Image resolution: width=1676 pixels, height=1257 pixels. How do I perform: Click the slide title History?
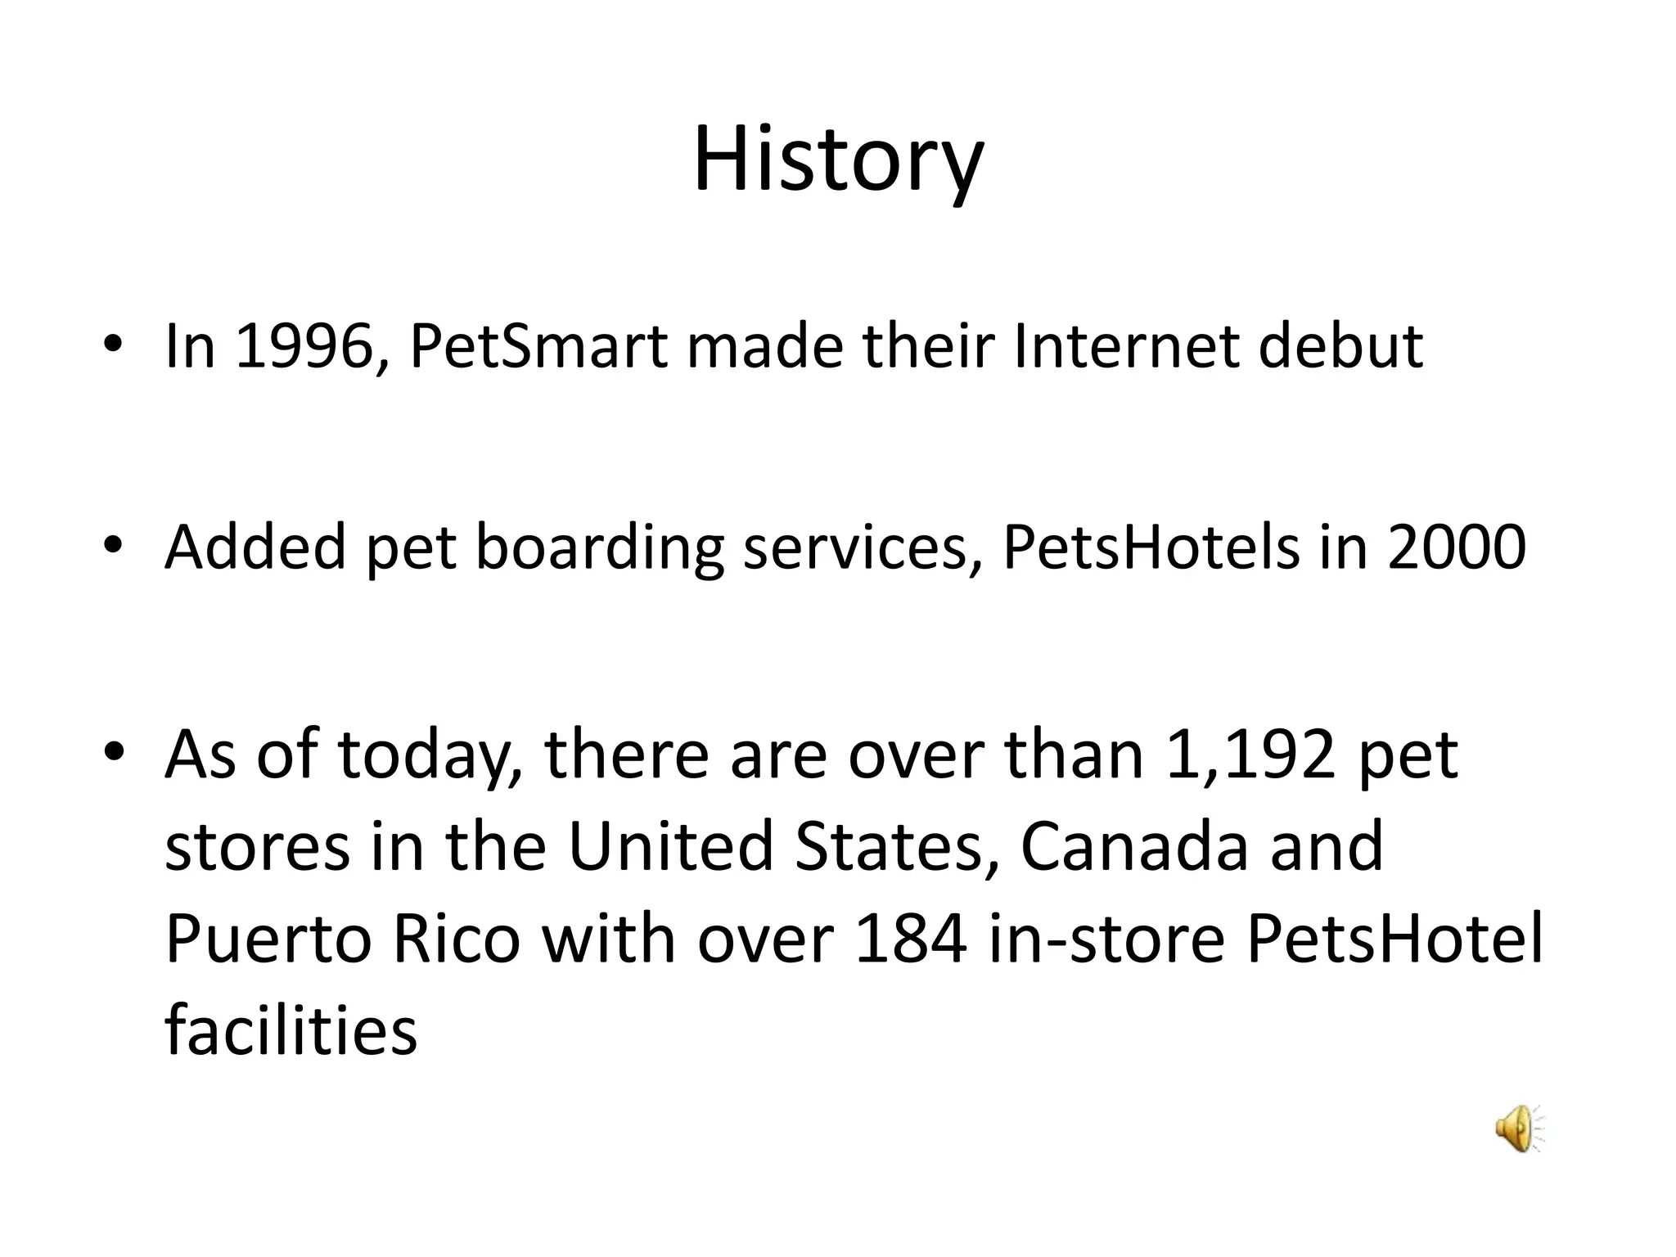pyautogui.click(x=838, y=160)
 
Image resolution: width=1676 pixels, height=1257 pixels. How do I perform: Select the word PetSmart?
pyautogui.click(x=538, y=347)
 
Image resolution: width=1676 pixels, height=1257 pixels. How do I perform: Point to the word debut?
pyautogui.click(x=1340, y=347)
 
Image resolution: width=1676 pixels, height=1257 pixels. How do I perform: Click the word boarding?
pyautogui.click(x=600, y=547)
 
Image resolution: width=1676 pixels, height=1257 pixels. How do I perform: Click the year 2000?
pyautogui.click(x=1457, y=547)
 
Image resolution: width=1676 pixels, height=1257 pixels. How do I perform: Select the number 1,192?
pyautogui.click(x=1250, y=755)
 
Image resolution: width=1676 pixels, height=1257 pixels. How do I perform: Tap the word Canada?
pyautogui.click(x=1134, y=846)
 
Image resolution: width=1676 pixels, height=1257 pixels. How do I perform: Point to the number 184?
pyautogui.click(x=910, y=939)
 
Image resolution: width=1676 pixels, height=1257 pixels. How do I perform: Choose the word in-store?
pyautogui.click(x=1106, y=939)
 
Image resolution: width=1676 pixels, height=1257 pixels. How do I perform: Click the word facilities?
pyautogui.click(x=291, y=1029)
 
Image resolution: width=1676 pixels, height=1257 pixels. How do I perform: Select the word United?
pyautogui.click(x=670, y=846)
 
